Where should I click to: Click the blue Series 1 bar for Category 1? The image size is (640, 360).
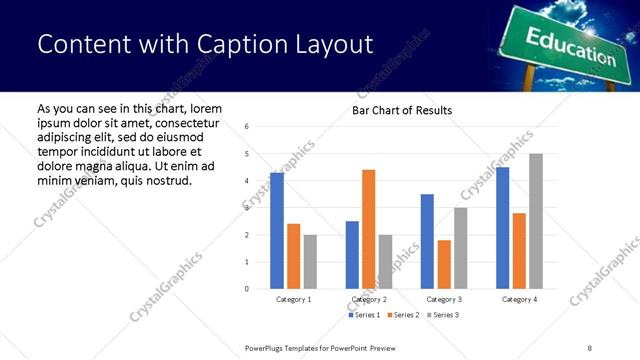click(x=277, y=231)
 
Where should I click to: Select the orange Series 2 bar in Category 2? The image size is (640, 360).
click(x=368, y=229)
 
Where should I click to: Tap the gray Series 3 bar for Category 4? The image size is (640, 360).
click(x=536, y=221)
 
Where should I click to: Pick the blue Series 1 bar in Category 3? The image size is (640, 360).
click(x=427, y=241)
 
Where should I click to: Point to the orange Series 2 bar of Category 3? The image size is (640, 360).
click(x=444, y=264)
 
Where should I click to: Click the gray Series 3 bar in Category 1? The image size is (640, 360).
click(x=310, y=262)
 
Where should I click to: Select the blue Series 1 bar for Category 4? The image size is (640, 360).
click(x=503, y=228)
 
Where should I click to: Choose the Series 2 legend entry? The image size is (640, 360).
click(x=403, y=315)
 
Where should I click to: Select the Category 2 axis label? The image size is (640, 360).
click(x=369, y=299)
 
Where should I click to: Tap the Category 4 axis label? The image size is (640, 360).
click(x=519, y=299)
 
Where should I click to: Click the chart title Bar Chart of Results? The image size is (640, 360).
click(x=402, y=110)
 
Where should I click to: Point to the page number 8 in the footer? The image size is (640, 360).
click(x=589, y=347)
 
